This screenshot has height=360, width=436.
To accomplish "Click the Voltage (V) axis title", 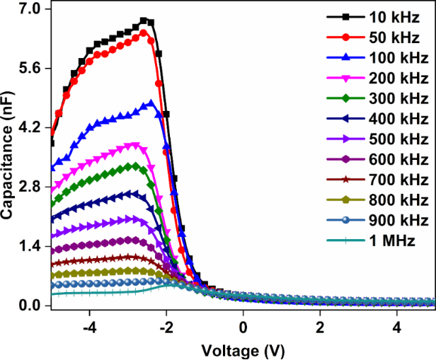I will [x=243, y=350].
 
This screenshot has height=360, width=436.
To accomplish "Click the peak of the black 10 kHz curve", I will [x=144, y=21].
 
